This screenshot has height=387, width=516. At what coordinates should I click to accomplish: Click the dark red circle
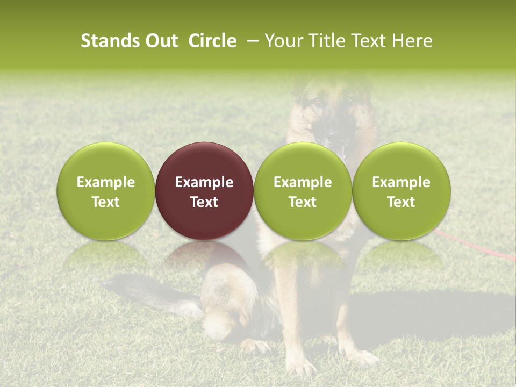(x=204, y=191)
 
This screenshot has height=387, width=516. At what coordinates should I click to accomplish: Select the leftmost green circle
(x=106, y=191)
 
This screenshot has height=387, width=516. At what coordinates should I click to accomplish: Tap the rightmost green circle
(x=402, y=191)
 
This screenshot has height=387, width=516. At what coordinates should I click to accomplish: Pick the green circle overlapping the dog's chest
(x=303, y=191)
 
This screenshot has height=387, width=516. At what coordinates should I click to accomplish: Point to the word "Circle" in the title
(x=212, y=41)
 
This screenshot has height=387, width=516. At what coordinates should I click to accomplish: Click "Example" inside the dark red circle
(x=204, y=182)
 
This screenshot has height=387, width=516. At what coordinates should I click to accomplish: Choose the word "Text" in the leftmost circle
(x=106, y=202)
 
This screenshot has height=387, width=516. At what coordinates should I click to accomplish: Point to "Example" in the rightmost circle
(x=402, y=182)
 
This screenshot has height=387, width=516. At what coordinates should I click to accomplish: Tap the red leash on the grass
(x=473, y=248)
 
